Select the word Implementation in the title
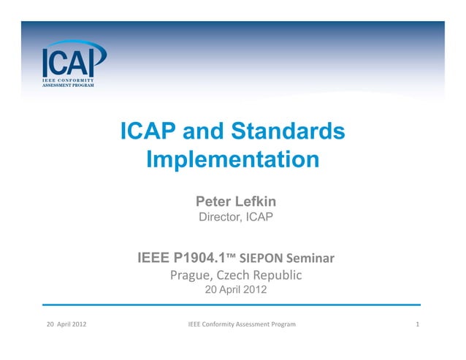232,159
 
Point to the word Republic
275,276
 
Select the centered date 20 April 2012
233,291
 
